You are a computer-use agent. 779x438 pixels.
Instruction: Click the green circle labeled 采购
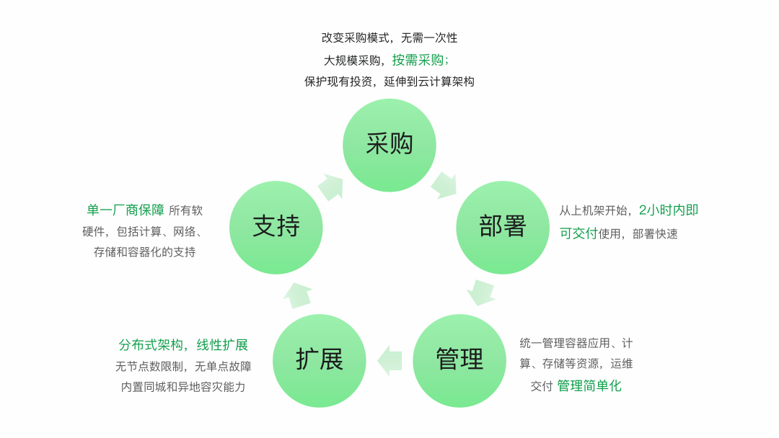389,145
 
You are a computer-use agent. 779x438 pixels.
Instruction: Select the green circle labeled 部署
503,227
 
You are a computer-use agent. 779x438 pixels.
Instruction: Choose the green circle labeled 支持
276,227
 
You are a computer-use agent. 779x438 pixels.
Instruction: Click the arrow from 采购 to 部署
444,185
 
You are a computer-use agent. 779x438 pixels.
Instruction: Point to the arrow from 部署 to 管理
480,292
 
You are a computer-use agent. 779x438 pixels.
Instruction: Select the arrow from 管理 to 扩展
389,361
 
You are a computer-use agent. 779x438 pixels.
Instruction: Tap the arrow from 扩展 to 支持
297,295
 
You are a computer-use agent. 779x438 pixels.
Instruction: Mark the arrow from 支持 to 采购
330,187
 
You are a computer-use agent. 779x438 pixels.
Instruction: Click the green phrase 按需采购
418,60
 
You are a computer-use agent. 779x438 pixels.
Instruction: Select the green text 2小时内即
669,210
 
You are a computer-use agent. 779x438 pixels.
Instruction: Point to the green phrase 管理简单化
589,385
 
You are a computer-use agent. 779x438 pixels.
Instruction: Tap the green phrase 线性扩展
222,344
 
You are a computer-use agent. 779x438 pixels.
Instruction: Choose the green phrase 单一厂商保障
126,210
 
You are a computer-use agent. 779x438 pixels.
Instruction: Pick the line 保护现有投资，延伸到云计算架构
389,81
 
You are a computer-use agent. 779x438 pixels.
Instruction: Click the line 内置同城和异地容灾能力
183,387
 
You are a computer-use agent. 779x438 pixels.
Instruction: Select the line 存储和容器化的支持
144,252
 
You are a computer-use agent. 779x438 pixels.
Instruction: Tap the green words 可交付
578,233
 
